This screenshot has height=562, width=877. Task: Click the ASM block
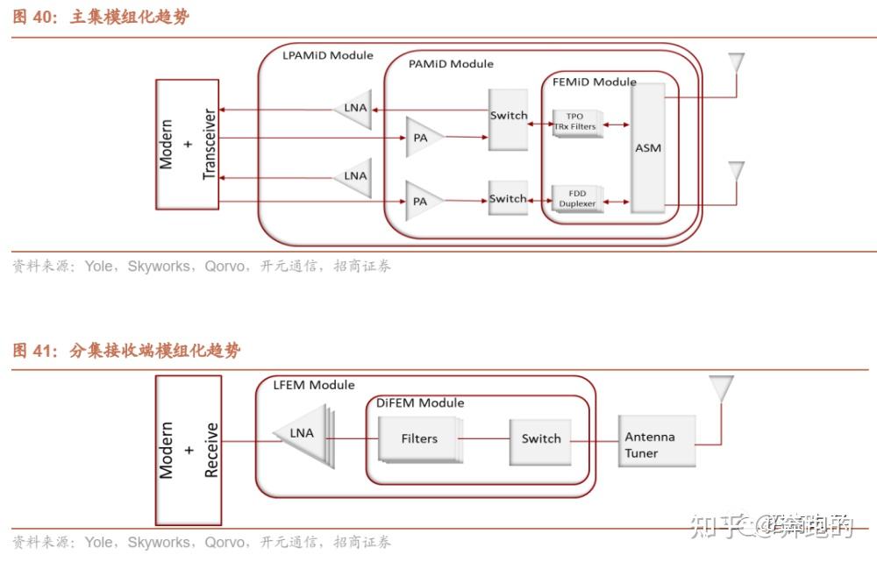tap(647, 147)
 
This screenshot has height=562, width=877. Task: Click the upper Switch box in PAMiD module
tap(509, 117)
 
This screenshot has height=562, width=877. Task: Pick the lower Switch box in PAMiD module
tap(508, 199)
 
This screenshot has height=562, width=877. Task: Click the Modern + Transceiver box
tap(187, 145)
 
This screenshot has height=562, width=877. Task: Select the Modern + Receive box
tap(187, 450)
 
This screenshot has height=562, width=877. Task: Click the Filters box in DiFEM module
tap(418, 439)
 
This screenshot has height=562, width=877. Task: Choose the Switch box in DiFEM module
tap(540, 439)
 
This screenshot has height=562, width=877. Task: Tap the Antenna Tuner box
tap(656, 445)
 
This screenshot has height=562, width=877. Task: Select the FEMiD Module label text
tap(594, 82)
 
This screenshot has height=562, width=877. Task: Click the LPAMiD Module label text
tap(327, 55)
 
